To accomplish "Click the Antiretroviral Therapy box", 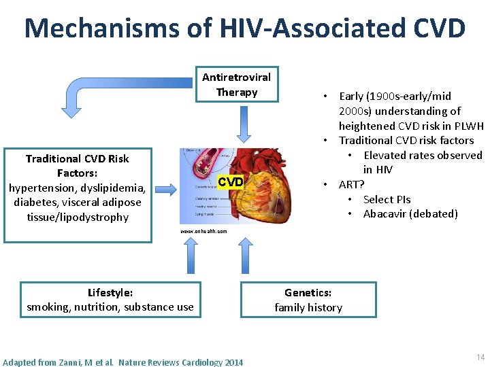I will coord(237,85).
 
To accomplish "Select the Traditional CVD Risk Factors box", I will coord(78,188).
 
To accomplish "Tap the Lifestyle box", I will coord(110,300).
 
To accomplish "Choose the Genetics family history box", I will coord(308,300).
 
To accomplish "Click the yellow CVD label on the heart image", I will coord(230,181).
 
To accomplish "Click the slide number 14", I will coord(480,357).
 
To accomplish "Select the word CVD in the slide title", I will coord(438,29).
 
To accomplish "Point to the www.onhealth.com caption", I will coord(203,231).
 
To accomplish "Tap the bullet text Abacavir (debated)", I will coord(410,214).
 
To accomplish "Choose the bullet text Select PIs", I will coord(387,199).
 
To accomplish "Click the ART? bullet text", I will coord(351,184).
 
